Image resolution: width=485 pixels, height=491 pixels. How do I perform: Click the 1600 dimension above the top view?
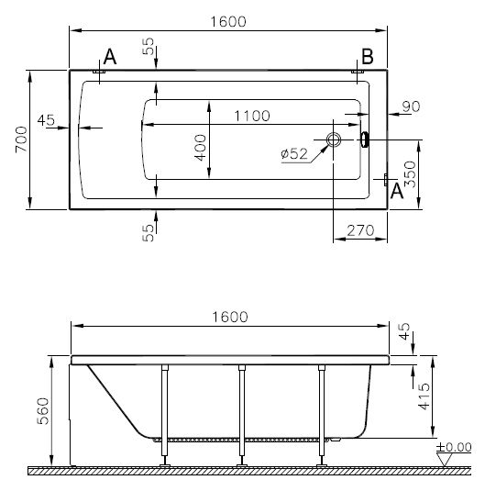(228, 22)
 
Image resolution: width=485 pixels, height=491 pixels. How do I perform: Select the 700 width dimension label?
(21, 139)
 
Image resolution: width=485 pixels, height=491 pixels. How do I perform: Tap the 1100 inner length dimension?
(252, 116)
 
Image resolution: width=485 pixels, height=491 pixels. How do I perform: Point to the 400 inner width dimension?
(200, 148)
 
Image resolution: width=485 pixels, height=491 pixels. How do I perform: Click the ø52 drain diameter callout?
(294, 153)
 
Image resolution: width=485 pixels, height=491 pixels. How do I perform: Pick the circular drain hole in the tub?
(334, 139)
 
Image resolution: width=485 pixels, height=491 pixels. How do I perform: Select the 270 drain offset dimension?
(360, 230)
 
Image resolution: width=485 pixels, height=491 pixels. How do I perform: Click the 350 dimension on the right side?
(410, 174)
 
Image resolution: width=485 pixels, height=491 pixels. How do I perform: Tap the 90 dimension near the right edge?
(411, 106)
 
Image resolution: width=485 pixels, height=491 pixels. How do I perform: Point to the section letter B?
(368, 57)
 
